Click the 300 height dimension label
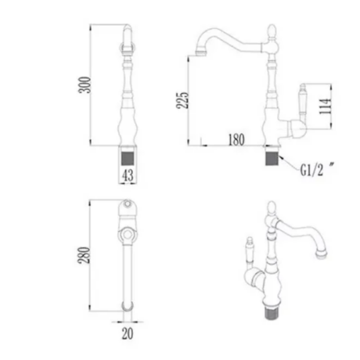click(85, 85)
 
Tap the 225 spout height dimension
click(182, 100)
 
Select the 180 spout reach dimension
click(236, 140)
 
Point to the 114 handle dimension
click(325, 106)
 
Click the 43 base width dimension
click(128, 175)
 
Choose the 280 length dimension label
click(84, 255)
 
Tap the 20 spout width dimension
click(128, 333)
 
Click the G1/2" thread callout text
click(316, 170)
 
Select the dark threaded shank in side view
click(272, 159)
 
